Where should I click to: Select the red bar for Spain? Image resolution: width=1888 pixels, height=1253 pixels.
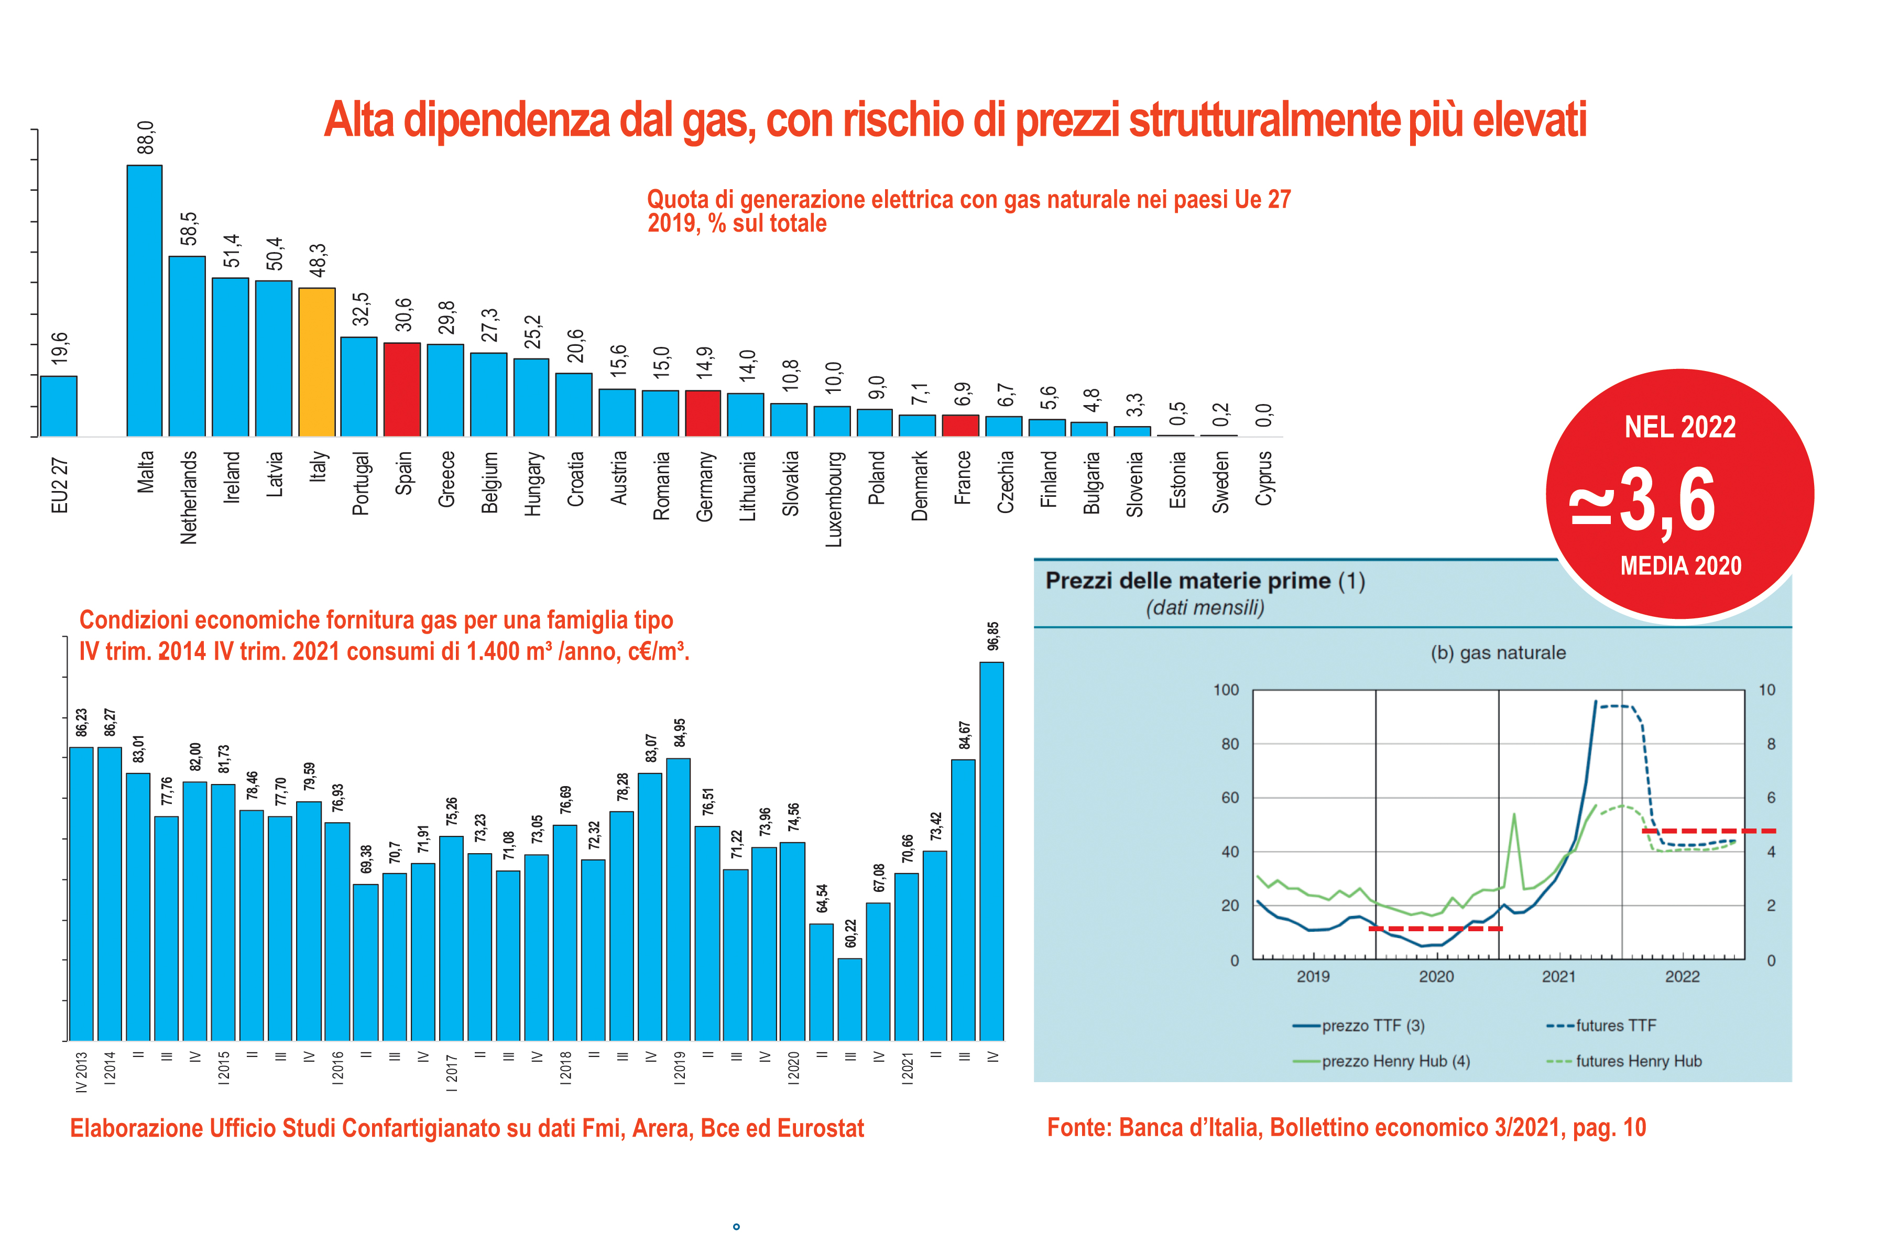402,389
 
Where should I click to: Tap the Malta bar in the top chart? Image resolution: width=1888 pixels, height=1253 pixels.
145,300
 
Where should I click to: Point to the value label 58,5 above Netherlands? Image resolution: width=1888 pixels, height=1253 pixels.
189,230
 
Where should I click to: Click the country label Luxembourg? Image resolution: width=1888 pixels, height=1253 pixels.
833,499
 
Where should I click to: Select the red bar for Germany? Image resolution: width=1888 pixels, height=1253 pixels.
703,413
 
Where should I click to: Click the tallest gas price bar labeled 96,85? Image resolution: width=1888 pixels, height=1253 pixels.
991,851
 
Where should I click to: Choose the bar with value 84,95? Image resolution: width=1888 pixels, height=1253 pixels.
679,899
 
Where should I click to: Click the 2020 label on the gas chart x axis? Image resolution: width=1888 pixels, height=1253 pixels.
1436,976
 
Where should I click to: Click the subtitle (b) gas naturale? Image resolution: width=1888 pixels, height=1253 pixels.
1497,653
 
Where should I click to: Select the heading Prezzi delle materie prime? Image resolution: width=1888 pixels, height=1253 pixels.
1187,581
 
